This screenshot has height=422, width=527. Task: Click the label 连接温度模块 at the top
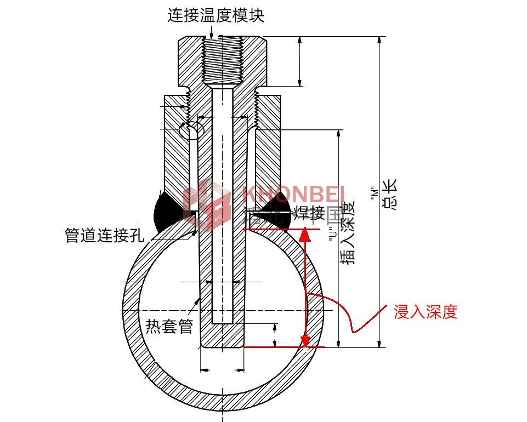pyautogui.click(x=216, y=16)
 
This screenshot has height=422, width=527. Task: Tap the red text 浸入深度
pyautogui.click(x=425, y=312)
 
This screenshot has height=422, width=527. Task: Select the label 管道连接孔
pyautogui.click(x=104, y=236)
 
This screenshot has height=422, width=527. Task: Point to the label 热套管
pyautogui.click(x=169, y=326)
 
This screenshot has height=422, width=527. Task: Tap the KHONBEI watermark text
pyautogui.click(x=293, y=193)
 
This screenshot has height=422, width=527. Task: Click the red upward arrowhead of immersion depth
pyautogui.click(x=305, y=235)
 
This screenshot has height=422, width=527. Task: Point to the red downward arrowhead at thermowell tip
pyautogui.click(x=305, y=341)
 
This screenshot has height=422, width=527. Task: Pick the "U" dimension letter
pyautogui.click(x=332, y=236)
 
